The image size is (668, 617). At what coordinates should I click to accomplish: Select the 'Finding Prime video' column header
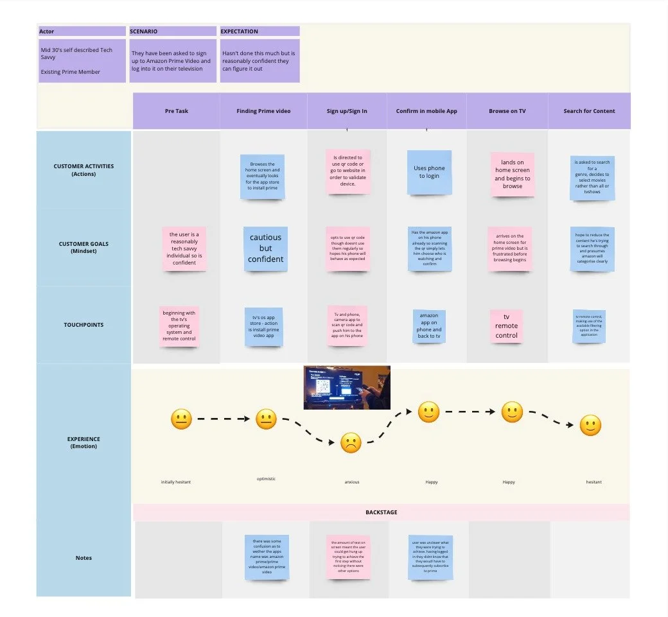pos(263,111)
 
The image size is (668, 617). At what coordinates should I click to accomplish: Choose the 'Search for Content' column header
pos(589,111)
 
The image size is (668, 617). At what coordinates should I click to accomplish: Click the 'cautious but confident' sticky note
pos(265,248)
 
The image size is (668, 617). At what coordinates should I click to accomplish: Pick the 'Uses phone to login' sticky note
pos(429,172)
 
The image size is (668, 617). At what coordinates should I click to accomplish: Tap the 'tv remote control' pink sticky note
pos(506,326)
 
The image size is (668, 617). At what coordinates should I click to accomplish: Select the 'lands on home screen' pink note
pos(512,175)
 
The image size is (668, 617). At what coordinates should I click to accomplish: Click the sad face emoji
pos(351,443)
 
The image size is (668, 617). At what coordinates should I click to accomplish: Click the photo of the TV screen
pos(347,387)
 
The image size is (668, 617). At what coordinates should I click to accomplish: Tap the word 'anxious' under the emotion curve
pos(351,482)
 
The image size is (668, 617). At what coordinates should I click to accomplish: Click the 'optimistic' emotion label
pos(265,478)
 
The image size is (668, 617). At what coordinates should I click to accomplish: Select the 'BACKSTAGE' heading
pos(381,512)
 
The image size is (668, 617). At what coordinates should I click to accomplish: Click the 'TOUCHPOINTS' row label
pos(83,325)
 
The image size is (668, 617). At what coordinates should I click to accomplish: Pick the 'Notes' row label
pos(83,558)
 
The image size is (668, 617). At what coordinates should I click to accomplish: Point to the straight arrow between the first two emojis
pos(223,419)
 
